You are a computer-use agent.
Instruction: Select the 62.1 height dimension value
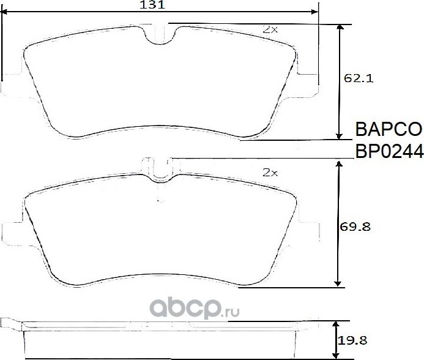(x=359, y=78)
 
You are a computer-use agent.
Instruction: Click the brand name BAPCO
(x=389, y=129)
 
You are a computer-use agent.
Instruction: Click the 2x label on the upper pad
(x=270, y=29)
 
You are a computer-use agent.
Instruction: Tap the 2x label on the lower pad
(x=270, y=173)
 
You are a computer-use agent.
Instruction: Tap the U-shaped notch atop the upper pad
(x=160, y=36)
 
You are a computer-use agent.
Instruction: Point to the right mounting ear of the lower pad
(x=309, y=232)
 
